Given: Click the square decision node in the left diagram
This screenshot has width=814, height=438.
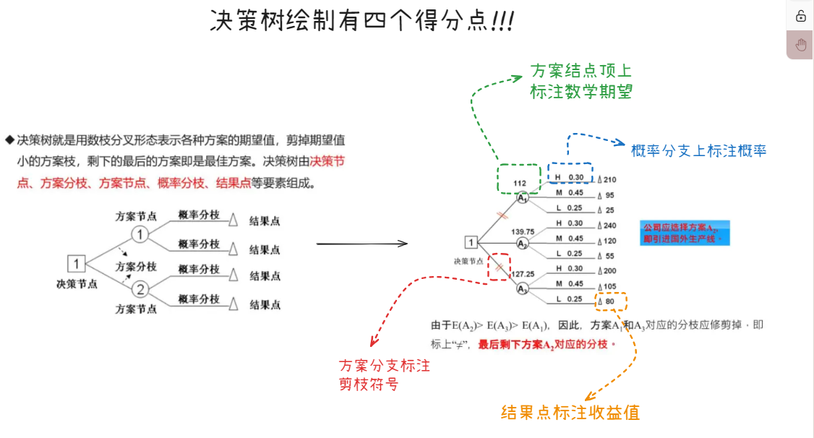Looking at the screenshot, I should point(77,262).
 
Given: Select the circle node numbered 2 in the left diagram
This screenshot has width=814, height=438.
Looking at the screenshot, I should point(140,289).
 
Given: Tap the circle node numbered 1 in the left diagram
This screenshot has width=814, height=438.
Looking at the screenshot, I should point(140,234).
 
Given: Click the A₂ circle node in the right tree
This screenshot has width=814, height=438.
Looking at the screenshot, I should point(523,244).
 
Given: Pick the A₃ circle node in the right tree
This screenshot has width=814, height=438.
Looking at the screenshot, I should point(523,288).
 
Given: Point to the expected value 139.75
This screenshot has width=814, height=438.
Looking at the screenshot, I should point(523,232).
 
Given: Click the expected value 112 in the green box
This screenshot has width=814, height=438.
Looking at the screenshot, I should point(519,183).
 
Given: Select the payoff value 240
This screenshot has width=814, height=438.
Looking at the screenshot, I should point(609,225).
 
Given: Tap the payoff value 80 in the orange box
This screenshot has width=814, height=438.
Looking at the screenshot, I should point(610,301).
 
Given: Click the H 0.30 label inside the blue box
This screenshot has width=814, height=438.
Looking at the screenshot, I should point(569,178).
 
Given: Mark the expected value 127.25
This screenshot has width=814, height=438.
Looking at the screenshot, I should point(522,275).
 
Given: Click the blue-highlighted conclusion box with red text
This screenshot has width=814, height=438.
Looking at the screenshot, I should point(684,233).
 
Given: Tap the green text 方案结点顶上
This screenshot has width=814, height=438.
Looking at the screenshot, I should point(581,71).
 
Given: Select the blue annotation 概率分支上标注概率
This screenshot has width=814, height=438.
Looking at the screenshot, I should point(698,150).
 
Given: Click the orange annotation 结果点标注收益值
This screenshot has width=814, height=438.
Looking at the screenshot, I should point(570,413).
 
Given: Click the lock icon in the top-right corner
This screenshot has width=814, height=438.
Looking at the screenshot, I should point(800,17).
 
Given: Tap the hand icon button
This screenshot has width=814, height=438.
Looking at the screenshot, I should point(800,45).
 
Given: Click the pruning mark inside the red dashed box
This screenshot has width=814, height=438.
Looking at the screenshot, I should point(499,268).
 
